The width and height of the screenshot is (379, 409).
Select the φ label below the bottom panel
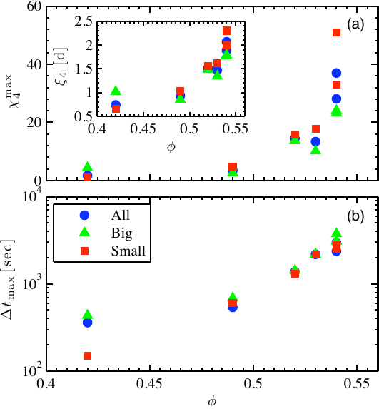211,402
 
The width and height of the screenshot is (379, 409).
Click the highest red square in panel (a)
336,32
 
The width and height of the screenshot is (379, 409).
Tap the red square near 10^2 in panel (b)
87,355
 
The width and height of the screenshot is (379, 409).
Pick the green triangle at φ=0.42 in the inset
116,91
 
